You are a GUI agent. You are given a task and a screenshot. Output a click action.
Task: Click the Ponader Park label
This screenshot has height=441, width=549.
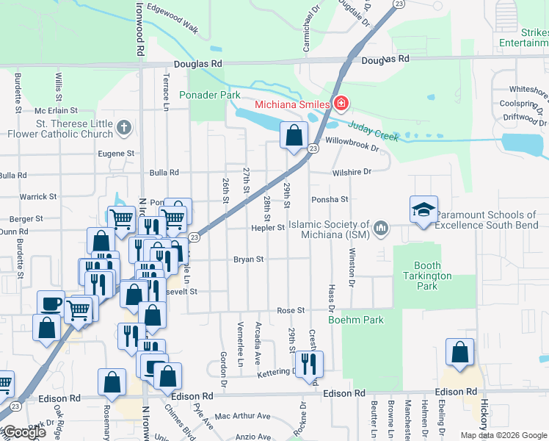210,96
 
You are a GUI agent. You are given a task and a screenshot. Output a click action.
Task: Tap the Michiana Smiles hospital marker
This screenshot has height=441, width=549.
340,104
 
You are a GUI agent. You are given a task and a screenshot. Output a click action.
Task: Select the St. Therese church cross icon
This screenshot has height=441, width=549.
124,129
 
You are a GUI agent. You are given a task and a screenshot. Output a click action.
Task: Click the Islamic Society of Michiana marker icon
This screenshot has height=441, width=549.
380,229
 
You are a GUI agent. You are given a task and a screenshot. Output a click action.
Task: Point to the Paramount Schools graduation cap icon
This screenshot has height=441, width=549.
423,210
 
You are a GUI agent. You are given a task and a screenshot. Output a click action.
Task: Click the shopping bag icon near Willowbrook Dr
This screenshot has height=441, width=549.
294,136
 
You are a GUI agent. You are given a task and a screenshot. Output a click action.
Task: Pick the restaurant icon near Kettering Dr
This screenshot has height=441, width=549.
308,362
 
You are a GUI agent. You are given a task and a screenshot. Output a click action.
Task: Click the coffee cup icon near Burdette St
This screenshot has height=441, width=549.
51,303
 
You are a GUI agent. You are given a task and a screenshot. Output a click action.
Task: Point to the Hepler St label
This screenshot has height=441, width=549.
270,228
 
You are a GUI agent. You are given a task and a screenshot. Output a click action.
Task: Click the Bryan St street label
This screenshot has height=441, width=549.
248,259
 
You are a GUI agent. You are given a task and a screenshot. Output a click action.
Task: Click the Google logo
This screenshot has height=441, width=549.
23,432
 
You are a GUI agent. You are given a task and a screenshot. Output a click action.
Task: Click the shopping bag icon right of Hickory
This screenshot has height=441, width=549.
459,352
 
